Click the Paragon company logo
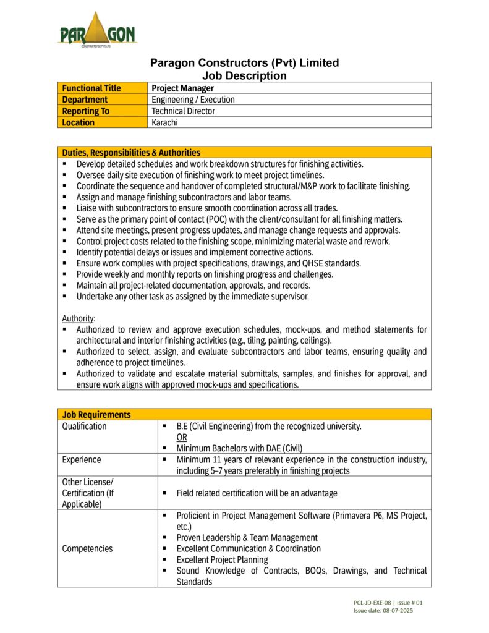pyautogui.click(x=96, y=30)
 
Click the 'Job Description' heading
pyautogui.click(x=245, y=75)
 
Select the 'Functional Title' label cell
pyautogui.click(x=91, y=88)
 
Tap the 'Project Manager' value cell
pyautogui.click(x=183, y=88)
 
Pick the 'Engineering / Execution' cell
pyautogui.click(x=193, y=100)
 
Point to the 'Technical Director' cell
pyautogui.click(x=184, y=111)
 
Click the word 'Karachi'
pyautogui.click(x=165, y=122)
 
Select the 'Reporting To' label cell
pyautogui.click(x=85, y=111)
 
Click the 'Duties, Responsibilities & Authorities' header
pyautogui.click(x=131, y=152)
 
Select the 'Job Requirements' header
pyautogui.click(x=96, y=415)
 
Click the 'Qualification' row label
pyautogui.click(x=84, y=427)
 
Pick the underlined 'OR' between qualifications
pyautogui.click(x=182, y=437)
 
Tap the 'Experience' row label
pyautogui.click(x=82, y=459)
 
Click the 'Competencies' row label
pyautogui.click(x=87, y=548)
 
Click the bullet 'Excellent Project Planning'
pyautogui.click(x=222, y=559)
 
